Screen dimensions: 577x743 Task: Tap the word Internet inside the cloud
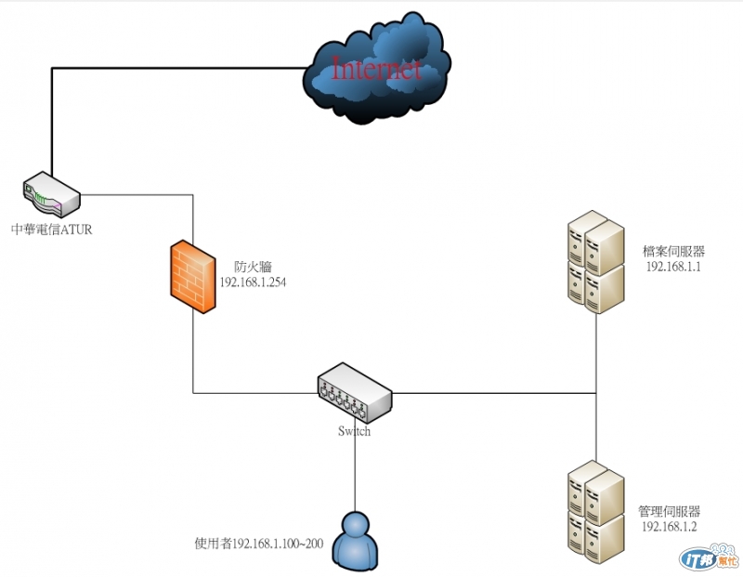coord(376,69)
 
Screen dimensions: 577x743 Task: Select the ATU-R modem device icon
coord(51,192)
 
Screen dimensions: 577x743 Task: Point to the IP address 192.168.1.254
coord(252,282)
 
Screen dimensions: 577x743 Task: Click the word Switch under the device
coord(354,431)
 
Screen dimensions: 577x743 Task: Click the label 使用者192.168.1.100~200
coord(258,543)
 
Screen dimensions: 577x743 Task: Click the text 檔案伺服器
coord(673,251)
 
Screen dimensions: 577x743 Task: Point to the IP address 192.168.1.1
coord(673,267)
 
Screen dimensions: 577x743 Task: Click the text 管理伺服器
coord(670,511)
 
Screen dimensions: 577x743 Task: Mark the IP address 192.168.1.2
coord(670,527)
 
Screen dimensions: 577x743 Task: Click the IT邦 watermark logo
coord(709,557)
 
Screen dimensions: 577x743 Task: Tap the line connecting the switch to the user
coord(355,474)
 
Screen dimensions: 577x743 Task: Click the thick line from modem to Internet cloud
coord(176,67)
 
